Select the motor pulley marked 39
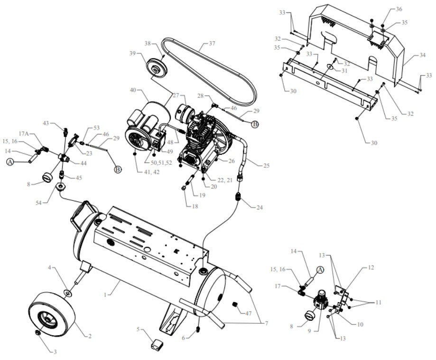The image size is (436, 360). coord(155,66)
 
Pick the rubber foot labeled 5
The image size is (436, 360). coord(158,343)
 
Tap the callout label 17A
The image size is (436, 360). coord(24,134)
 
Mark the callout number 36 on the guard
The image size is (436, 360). coord(399,9)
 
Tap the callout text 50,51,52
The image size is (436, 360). coord(161,162)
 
